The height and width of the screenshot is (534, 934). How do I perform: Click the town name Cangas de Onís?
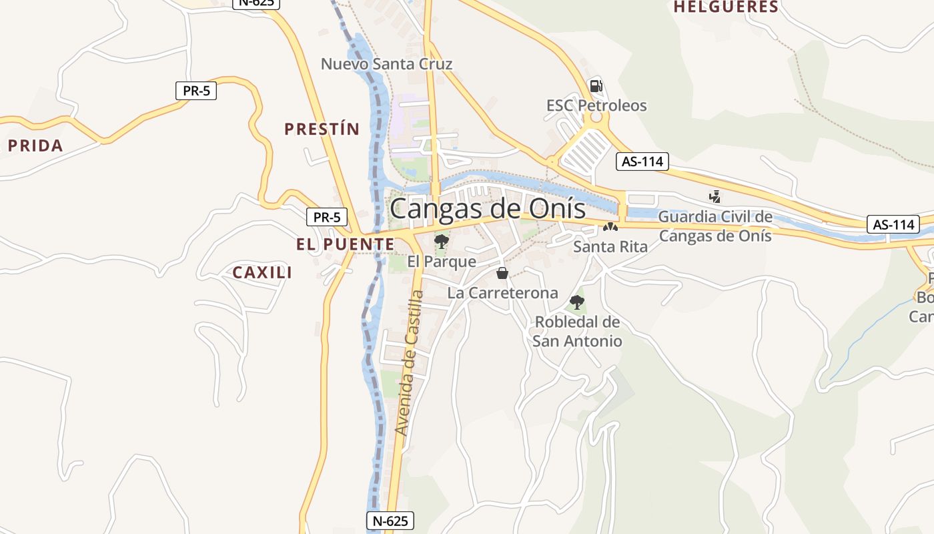click(488, 208)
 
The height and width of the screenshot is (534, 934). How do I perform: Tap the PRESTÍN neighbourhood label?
click(322, 129)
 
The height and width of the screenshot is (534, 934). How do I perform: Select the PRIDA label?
click(35, 146)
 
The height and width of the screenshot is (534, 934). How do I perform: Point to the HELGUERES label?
click(726, 7)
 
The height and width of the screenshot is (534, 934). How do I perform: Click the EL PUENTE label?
click(346, 244)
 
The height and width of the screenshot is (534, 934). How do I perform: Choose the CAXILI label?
click(262, 272)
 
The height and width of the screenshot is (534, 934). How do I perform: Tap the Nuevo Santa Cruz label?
click(386, 64)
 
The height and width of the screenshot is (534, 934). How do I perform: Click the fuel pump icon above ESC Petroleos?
click(596, 86)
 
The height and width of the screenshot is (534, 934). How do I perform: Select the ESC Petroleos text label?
click(596, 105)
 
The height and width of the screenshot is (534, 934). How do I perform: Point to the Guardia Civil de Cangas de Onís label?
click(715, 226)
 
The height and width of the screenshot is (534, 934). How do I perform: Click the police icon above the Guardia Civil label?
click(715, 197)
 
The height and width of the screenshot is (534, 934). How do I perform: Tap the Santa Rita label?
click(610, 247)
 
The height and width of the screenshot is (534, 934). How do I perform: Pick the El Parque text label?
click(442, 262)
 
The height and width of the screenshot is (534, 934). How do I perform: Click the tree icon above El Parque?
click(441, 241)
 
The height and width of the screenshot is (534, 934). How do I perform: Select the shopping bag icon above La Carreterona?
click(502, 273)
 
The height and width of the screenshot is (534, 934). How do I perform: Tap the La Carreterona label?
click(502, 293)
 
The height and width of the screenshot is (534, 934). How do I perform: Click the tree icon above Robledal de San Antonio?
click(577, 302)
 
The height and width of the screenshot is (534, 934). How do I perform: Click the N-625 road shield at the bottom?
click(390, 521)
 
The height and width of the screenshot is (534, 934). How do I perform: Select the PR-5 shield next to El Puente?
click(327, 217)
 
